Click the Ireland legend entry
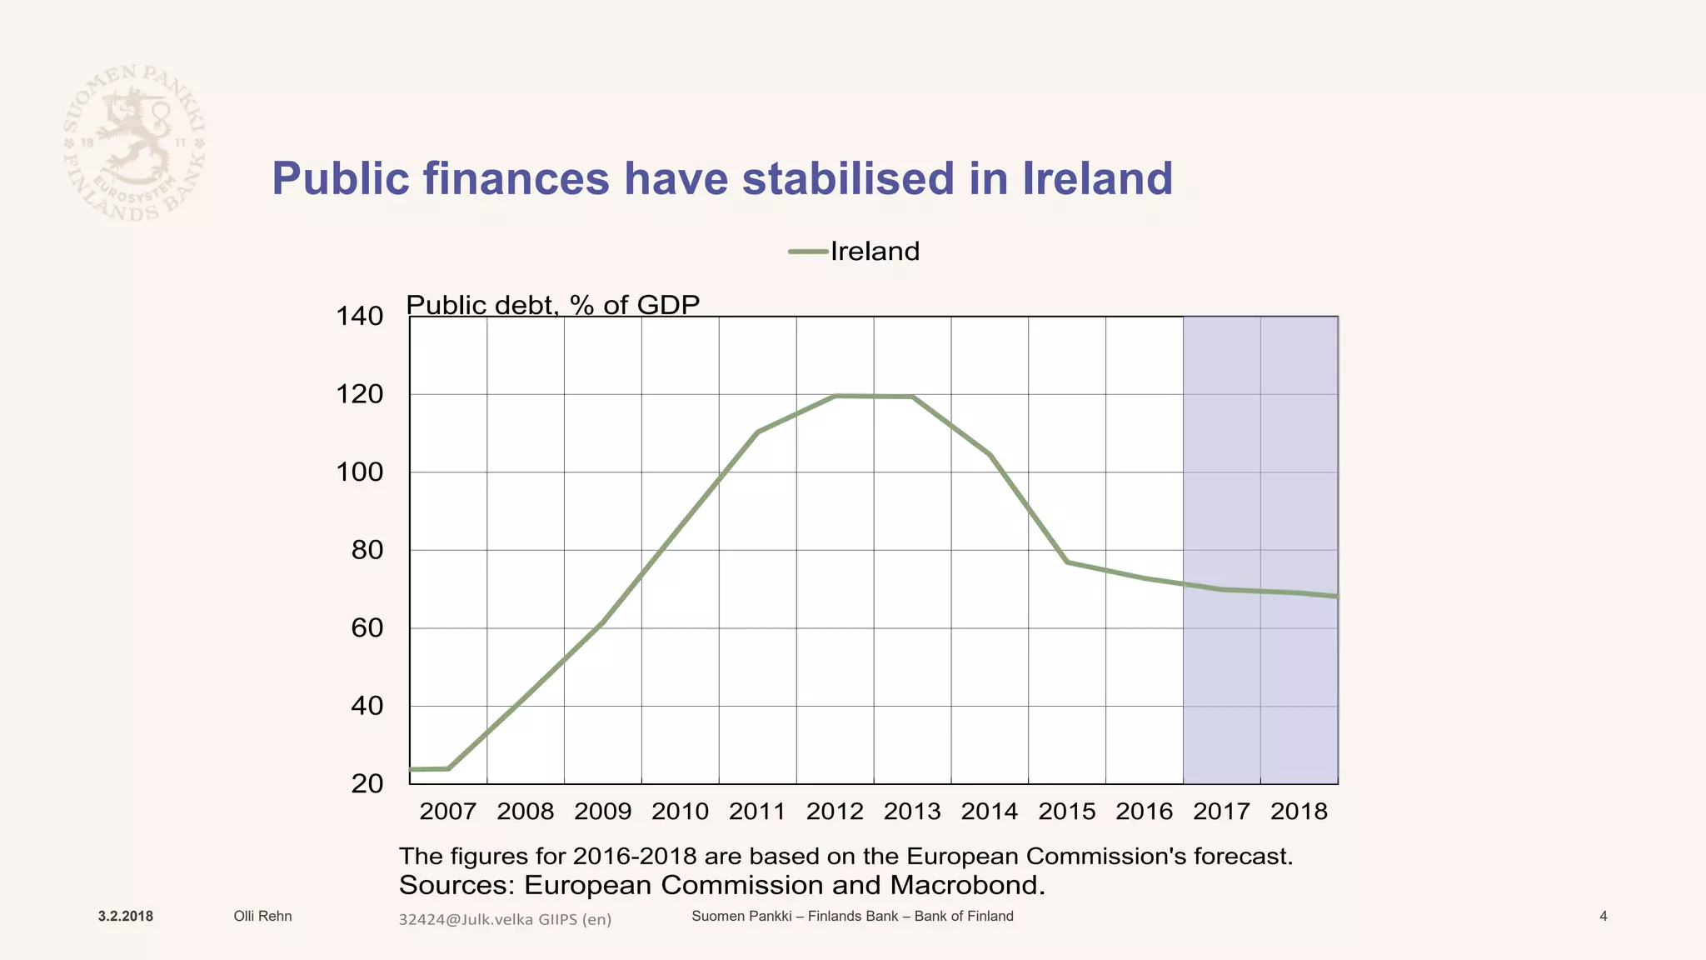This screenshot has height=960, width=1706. tap(855, 251)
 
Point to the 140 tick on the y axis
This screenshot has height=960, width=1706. tap(359, 317)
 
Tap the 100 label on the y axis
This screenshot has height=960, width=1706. tap(359, 472)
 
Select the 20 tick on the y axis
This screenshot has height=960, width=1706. tap(367, 784)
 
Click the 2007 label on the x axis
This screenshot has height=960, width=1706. tap(447, 812)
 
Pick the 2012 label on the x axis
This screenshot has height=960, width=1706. tap(835, 812)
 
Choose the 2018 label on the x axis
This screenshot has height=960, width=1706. tap(1299, 812)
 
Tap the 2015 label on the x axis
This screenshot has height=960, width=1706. tap(1066, 812)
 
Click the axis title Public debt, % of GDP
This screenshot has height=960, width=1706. tap(552, 305)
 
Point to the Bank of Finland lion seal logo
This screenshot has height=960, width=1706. tap(134, 142)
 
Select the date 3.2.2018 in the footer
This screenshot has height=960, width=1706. tap(125, 917)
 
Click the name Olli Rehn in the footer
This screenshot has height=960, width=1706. tap(262, 917)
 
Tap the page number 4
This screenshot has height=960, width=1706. tap(1604, 917)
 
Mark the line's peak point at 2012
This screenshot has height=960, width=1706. tap(836, 396)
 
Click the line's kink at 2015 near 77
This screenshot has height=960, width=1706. tap(1067, 562)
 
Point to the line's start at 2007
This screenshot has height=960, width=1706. tap(412, 769)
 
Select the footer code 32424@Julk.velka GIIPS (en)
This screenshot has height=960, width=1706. tap(505, 920)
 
